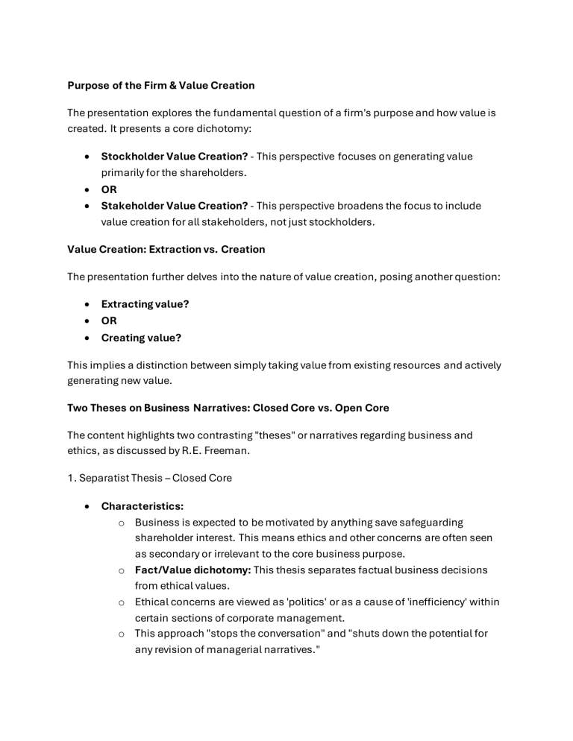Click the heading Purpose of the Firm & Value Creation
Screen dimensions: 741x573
[x=161, y=86]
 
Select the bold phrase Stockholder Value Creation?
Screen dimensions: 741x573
[x=175, y=157]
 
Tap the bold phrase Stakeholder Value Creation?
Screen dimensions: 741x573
[x=175, y=206]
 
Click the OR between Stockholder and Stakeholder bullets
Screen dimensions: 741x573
[x=109, y=189]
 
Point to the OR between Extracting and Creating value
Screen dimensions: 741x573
[x=109, y=321]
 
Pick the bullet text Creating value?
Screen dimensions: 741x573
[x=141, y=338]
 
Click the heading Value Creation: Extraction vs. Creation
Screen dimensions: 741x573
[x=166, y=249]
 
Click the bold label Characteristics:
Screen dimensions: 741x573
[x=143, y=506]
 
